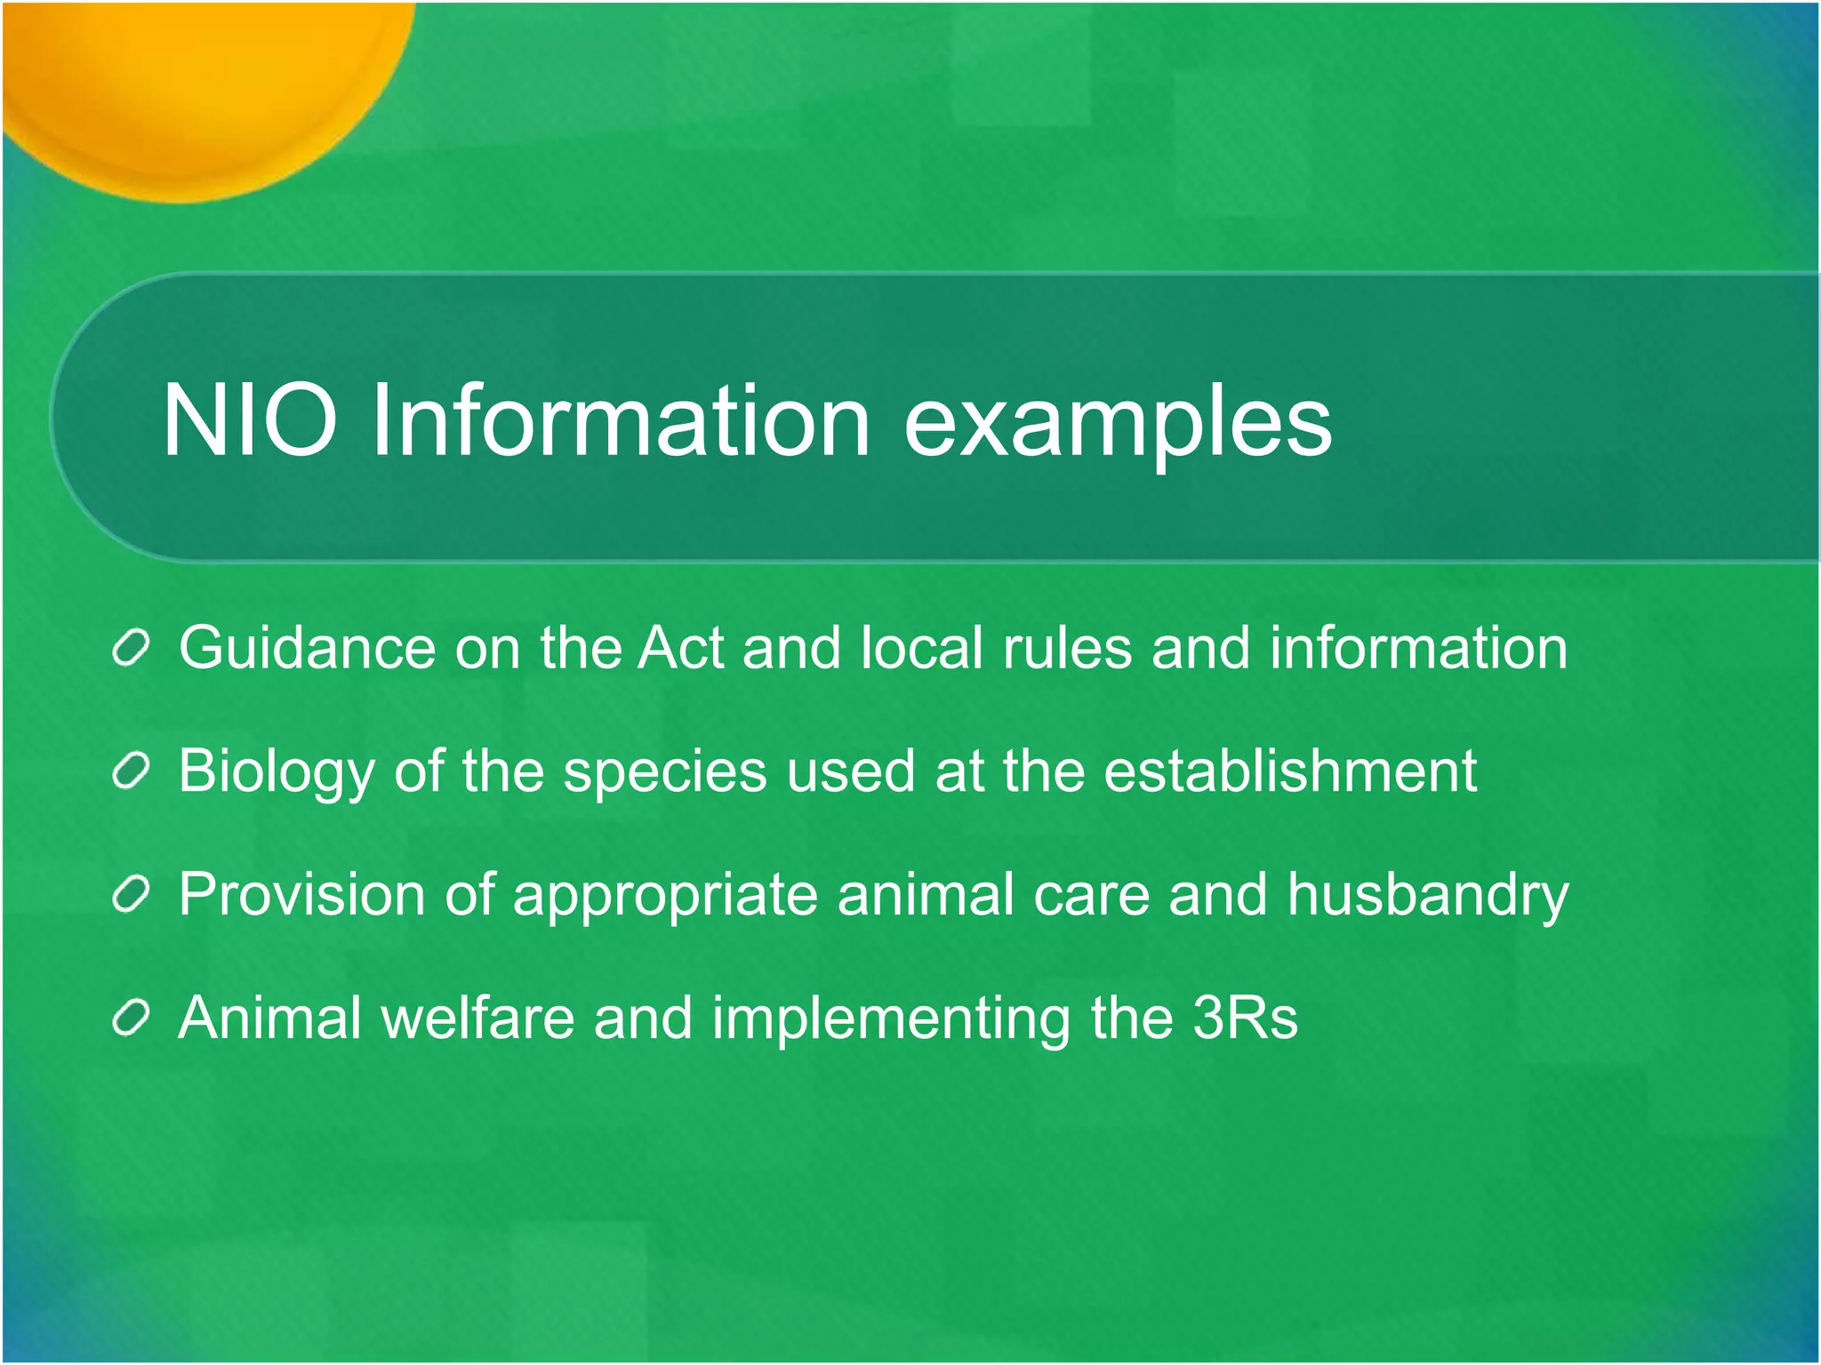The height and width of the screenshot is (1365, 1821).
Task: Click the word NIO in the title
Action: (x=250, y=419)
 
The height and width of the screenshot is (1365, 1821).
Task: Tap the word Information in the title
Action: (x=620, y=419)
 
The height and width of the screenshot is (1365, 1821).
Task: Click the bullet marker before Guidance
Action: (x=132, y=648)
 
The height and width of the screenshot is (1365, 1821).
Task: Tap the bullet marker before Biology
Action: (x=132, y=771)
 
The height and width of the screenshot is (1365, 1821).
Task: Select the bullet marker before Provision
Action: (x=132, y=895)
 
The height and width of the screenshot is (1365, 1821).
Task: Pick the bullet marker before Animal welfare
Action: (x=132, y=1018)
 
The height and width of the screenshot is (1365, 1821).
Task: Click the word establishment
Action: (x=1290, y=770)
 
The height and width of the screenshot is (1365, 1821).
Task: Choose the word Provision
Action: (x=301, y=894)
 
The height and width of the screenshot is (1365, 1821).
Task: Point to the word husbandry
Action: (x=1428, y=896)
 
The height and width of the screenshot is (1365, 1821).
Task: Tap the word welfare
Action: (x=477, y=1018)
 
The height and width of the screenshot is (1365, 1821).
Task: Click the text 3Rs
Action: (x=1245, y=1018)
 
